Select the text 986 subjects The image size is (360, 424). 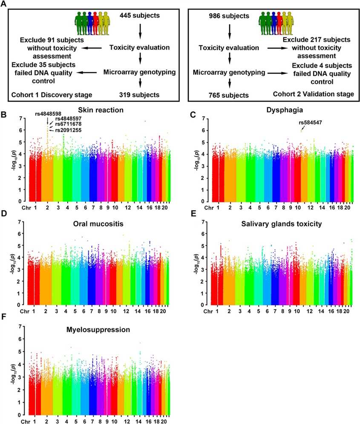[x=229, y=16]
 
